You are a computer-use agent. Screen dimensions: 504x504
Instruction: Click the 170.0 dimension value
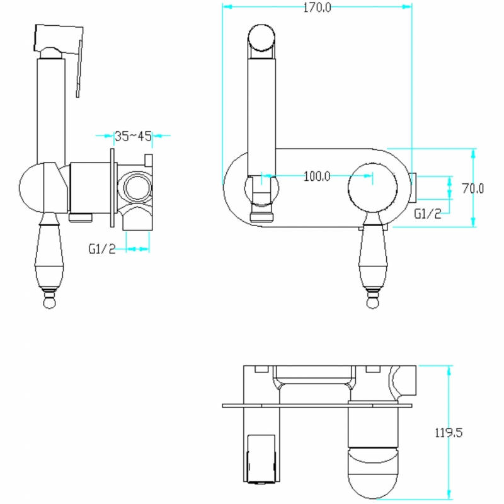(317, 8)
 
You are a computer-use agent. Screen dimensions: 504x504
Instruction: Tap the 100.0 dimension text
(317, 176)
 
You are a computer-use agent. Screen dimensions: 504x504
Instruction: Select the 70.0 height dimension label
(473, 188)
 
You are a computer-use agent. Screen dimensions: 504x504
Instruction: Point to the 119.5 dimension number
(449, 433)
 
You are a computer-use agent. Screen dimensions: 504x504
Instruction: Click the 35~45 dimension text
(133, 136)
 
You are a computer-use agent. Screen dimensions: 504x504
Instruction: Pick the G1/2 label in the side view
(102, 249)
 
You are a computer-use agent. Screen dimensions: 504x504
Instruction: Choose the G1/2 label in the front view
(428, 214)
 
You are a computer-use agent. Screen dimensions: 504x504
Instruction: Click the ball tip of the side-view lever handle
(49, 302)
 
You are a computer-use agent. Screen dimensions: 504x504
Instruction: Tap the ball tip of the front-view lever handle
(372, 302)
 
